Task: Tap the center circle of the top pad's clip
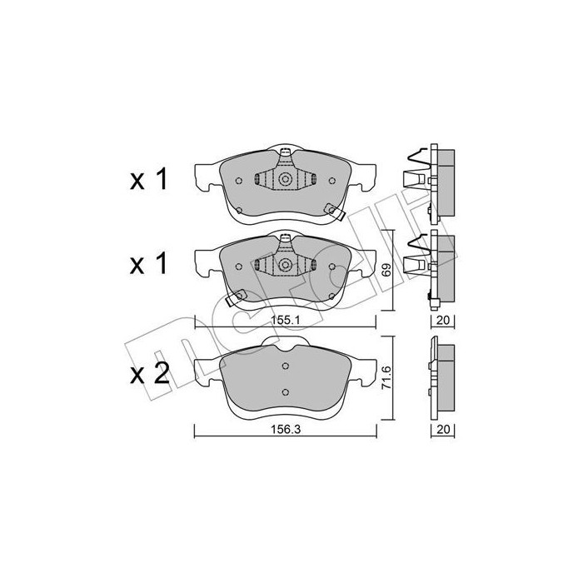(x=285, y=179)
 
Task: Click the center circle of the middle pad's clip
(x=285, y=266)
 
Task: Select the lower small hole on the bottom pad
(x=285, y=393)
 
